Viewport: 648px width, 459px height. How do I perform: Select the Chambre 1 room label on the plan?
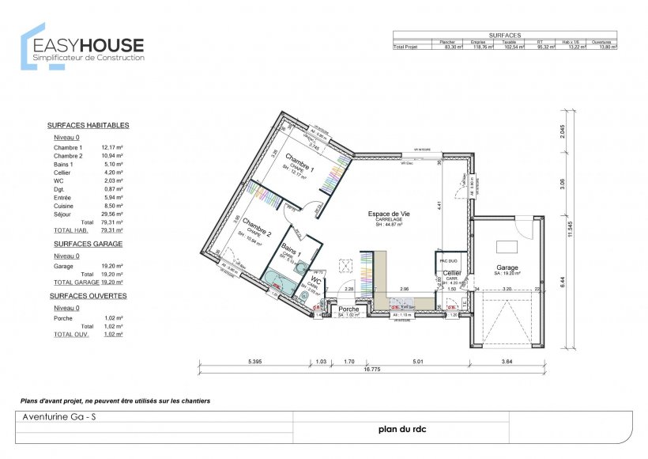coord(300,161)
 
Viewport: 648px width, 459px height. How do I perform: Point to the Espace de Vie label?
coord(389,214)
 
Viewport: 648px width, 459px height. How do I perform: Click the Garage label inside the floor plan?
coord(507,267)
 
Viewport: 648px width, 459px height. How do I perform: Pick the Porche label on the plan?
coord(348,309)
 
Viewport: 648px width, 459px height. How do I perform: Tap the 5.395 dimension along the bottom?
coord(254,362)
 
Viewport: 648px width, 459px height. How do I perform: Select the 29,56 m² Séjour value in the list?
coord(112,214)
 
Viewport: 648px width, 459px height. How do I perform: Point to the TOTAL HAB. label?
coord(70,229)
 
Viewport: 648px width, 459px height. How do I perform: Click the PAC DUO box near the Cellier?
coord(449,260)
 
